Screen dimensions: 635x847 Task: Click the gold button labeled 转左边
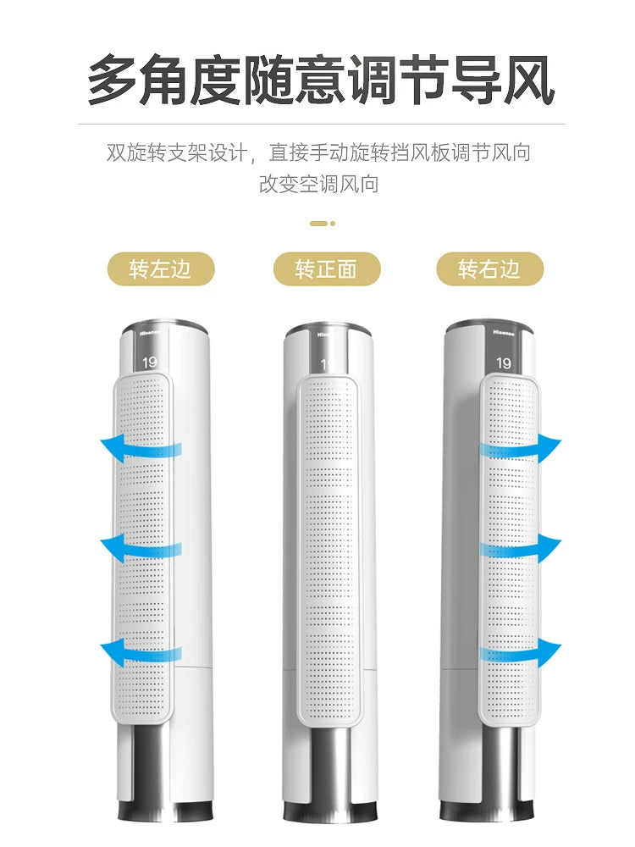161,268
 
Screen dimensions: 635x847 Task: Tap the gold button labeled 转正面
327,268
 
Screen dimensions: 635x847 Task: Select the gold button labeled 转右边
489,268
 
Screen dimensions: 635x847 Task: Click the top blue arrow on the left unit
141,448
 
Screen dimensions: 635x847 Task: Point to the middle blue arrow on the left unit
141,548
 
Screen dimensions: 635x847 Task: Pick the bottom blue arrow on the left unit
141,651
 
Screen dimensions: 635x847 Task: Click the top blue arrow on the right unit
521,448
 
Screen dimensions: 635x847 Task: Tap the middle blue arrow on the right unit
521,548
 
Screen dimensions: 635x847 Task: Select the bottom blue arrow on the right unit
521,651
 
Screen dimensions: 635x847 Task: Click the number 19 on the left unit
149,362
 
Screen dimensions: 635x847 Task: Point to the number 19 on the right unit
503,363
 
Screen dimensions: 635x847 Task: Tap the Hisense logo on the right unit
503,333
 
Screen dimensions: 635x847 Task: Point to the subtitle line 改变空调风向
318,184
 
